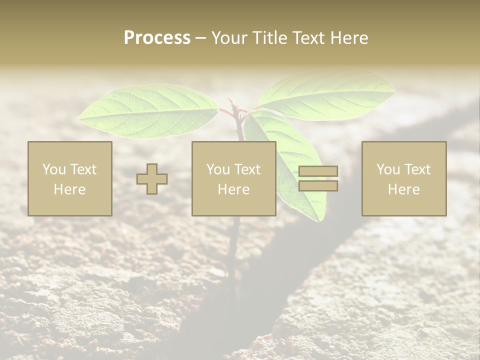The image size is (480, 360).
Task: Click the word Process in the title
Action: (x=157, y=38)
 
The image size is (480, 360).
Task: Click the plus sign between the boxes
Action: (x=152, y=178)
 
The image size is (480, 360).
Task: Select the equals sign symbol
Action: (x=318, y=178)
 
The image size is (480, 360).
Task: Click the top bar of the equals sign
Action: (x=318, y=171)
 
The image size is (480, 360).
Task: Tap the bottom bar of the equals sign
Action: (x=318, y=186)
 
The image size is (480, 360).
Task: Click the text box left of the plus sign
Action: (x=69, y=178)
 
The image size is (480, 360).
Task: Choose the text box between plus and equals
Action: (x=233, y=178)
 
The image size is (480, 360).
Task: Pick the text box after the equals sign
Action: (x=403, y=178)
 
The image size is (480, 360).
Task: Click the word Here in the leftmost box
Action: (x=69, y=189)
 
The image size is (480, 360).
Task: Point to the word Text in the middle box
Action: (x=247, y=169)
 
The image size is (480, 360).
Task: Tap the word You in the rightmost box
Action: (x=388, y=169)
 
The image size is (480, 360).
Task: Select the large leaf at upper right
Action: (x=327, y=95)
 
